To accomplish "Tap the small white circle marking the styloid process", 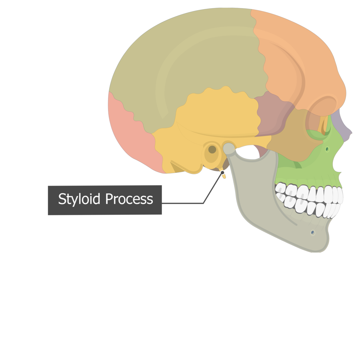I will coord(222,172).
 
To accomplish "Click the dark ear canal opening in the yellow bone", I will coord(212,149).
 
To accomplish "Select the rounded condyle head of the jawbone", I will coord(229,148).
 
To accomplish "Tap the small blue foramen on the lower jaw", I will coord(312,232).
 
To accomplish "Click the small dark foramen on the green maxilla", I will coord(327,149).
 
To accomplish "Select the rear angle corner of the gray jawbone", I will coord(244,219).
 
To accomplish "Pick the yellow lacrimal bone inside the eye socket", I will coord(323,125).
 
